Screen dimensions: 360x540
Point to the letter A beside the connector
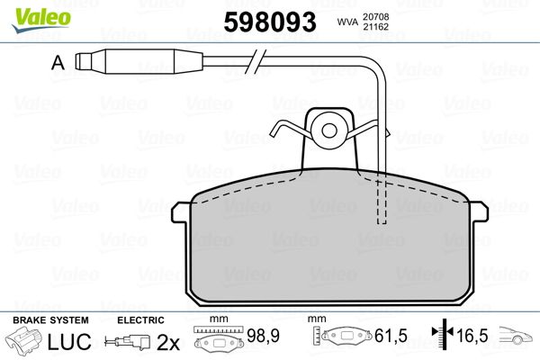click(x=58, y=63)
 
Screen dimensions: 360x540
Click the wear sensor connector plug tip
click(x=81, y=63)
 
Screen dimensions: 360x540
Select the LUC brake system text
click(x=63, y=343)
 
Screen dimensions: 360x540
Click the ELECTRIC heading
click(x=139, y=320)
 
